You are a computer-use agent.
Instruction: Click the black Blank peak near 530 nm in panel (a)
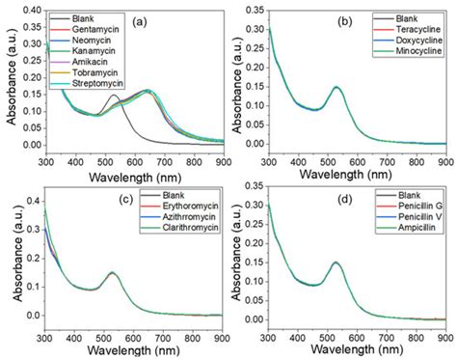[114, 95]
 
